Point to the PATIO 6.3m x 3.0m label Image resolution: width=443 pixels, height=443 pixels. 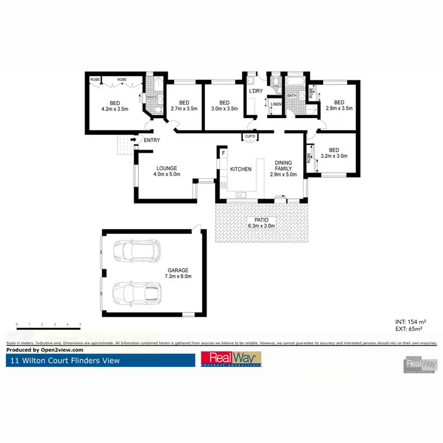[260, 222]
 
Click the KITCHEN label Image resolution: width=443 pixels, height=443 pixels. [240, 170]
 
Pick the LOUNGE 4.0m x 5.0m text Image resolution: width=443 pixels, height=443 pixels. [167, 171]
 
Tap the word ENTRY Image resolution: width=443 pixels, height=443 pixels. [152, 140]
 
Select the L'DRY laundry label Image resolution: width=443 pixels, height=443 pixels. [255, 92]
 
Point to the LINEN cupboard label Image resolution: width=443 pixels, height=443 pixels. [276, 105]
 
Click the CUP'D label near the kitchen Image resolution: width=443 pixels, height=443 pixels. [250, 137]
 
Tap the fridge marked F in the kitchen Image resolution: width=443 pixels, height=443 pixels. [224, 154]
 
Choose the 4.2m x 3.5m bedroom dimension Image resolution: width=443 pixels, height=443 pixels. [115, 109]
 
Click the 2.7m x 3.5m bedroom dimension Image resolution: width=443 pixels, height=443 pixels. [184, 109]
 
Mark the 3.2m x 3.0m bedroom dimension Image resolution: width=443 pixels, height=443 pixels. [334, 157]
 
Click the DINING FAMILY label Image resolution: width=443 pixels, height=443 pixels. [283, 168]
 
